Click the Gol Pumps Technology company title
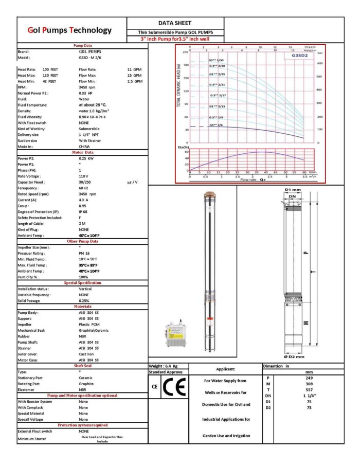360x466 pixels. click(x=69, y=30)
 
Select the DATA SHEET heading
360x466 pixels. click(x=175, y=23)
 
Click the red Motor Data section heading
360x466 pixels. click(x=82, y=152)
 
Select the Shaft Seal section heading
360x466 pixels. click(x=82, y=366)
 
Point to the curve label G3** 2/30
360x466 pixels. click(x=217, y=61)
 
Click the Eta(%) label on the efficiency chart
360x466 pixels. click(x=183, y=147)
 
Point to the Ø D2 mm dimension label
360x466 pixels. click(x=294, y=356)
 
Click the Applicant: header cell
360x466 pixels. click(x=225, y=369)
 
